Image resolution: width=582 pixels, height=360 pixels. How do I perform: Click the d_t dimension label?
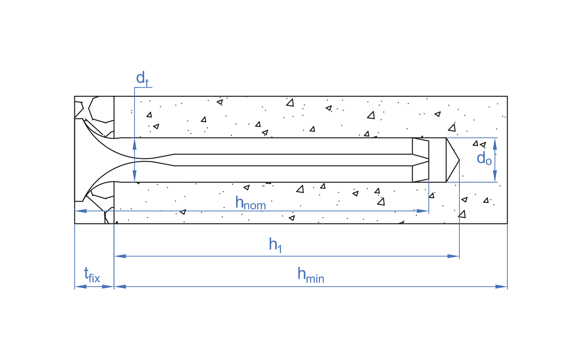pyautogui.click(x=142, y=79)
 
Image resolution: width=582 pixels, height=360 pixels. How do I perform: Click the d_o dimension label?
pyautogui.click(x=484, y=159)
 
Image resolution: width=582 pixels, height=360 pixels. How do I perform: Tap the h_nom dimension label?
pyautogui.click(x=251, y=203)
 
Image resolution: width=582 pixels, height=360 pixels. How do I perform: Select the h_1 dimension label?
pyautogui.click(x=275, y=245)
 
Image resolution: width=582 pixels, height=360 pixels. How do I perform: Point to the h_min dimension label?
pyautogui.click(x=311, y=275)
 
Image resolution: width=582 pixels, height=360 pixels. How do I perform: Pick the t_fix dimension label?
pyautogui.click(x=92, y=275)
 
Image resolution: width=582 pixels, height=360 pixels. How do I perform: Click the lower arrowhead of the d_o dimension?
pyautogui.click(x=495, y=176)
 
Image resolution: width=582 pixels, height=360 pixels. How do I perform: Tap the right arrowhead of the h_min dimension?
pyautogui.click(x=501, y=287)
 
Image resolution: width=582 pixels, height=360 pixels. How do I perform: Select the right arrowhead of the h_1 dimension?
pyautogui.click(x=453, y=256)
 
